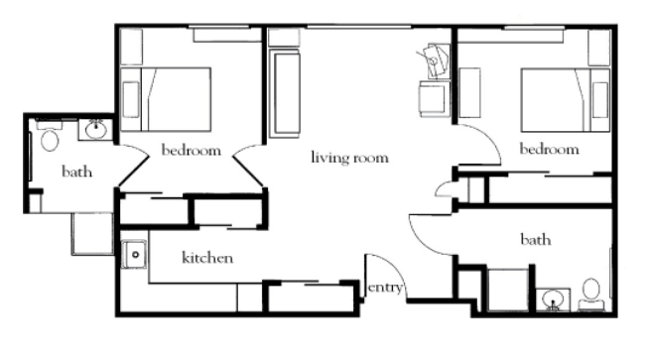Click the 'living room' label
click(349, 158)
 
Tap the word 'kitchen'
click(207, 258)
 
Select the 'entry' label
click(385, 288)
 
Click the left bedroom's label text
click(191, 150)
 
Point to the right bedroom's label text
click(550, 149)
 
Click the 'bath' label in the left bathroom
click(76, 172)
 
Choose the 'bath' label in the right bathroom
click(536, 239)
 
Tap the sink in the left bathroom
click(96, 130)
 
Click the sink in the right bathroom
click(553, 300)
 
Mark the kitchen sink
click(134, 254)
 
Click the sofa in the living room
click(285, 93)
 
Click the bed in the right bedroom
click(565, 100)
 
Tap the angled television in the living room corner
click(435, 60)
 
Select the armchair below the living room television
click(434, 99)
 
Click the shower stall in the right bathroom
click(508, 290)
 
